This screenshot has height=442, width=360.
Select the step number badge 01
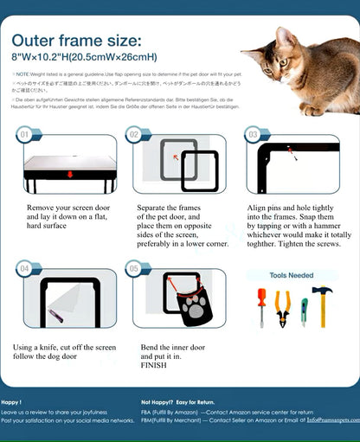pyautogui.click(x=25, y=135)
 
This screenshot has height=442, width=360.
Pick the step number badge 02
pyautogui.click(x=134, y=135)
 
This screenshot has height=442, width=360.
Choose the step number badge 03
pyautogui.click(x=253, y=135)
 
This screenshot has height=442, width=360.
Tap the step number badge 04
pyautogui.click(x=25, y=269)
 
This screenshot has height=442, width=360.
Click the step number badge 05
pyautogui.click(x=134, y=269)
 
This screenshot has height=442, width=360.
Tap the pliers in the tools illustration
pyautogui.click(x=282, y=307)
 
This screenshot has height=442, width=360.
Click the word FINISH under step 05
pyautogui.click(x=153, y=365)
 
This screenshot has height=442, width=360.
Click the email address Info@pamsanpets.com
pyautogui.click(x=326, y=420)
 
